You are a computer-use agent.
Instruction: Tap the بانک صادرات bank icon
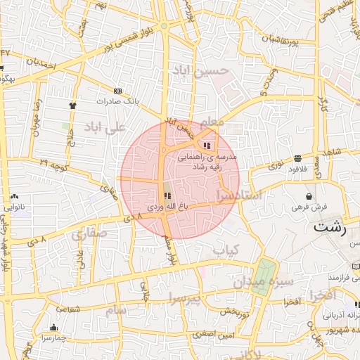[117, 91]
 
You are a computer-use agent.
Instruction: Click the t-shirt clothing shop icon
[72, 105]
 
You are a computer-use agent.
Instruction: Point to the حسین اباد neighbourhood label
[200, 71]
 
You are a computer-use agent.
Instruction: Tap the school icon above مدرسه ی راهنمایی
[206, 146]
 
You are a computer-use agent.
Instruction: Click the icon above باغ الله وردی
[167, 196]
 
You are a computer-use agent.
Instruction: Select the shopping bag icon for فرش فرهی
[309, 195]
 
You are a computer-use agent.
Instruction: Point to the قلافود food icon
[298, 157]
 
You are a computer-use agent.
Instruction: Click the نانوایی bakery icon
[12, 197]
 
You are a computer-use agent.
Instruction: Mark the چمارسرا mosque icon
[54, 327]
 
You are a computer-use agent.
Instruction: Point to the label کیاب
[226, 250]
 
